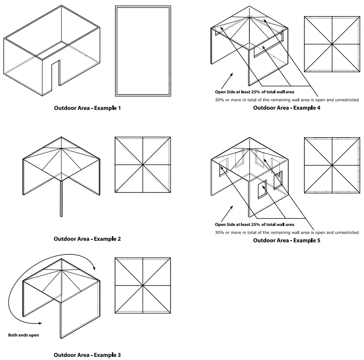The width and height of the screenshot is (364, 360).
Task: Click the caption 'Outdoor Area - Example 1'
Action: [x=87, y=108]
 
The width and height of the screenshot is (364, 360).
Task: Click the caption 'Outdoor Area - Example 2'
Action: [x=87, y=239]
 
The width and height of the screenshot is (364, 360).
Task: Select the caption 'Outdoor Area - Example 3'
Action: [x=87, y=355]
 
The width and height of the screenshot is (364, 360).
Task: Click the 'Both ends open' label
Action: [x=24, y=335]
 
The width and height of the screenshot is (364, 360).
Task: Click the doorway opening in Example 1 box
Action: [x=56, y=74]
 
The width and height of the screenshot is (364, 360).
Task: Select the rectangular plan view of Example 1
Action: [x=142, y=51]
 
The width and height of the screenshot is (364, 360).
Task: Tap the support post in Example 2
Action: [x=61, y=197]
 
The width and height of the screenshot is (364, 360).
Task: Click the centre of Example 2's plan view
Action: [x=142, y=165]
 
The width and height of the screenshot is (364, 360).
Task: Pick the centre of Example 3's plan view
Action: [x=142, y=286]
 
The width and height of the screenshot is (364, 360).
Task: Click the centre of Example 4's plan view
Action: [x=332, y=44]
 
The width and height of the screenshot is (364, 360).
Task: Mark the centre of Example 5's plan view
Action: [x=332, y=165]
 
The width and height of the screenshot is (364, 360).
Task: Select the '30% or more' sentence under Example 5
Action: [x=287, y=233]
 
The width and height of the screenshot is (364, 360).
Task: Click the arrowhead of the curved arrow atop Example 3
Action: [x=94, y=268]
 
